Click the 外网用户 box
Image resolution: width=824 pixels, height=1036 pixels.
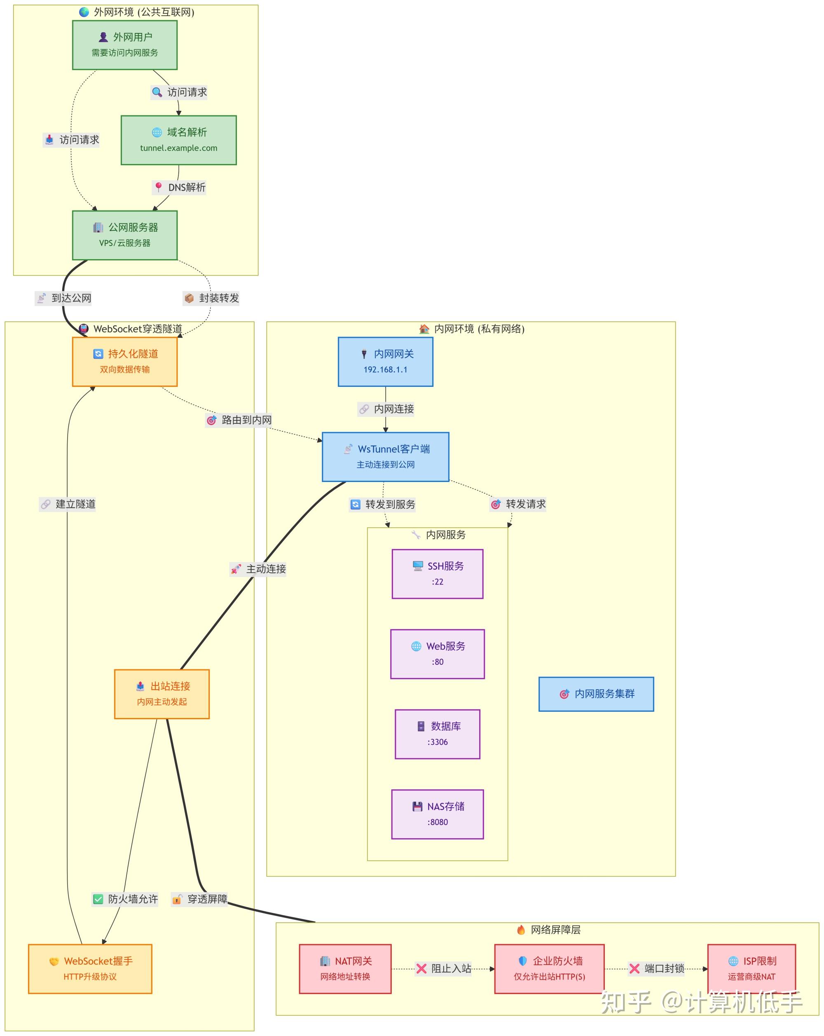click(x=124, y=44)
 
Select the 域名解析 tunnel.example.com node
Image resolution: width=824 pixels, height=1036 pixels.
click(x=178, y=140)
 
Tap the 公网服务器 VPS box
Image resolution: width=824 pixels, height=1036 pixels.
click(x=124, y=235)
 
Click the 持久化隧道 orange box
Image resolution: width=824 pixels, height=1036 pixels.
click(x=124, y=361)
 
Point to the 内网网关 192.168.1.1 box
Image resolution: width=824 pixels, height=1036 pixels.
click(x=385, y=361)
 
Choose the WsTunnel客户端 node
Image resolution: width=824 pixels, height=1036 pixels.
click(x=385, y=456)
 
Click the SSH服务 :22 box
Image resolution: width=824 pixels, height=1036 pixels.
click(x=437, y=574)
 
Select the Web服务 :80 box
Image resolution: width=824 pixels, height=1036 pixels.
click(x=437, y=653)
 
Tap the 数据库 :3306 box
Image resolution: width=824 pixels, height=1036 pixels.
click(x=437, y=734)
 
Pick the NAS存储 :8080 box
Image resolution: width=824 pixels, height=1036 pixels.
click(x=437, y=814)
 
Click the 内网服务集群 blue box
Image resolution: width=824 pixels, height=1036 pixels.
click(x=596, y=694)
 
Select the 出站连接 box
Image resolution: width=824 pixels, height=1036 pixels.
click(x=162, y=694)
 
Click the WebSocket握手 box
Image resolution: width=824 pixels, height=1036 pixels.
click(x=90, y=969)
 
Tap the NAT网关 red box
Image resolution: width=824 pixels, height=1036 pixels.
click(x=345, y=969)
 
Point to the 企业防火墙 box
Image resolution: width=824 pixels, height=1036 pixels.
click(x=549, y=969)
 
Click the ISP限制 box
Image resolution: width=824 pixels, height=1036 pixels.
click(x=751, y=969)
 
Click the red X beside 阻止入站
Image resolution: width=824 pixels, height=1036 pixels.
click(x=421, y=969)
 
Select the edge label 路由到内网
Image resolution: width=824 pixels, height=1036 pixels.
click(x=239, y=420)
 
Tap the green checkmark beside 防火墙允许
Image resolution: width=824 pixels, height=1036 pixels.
click(x=98, y=899)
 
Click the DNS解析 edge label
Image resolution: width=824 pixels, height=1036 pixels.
click(x=179, y=187)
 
